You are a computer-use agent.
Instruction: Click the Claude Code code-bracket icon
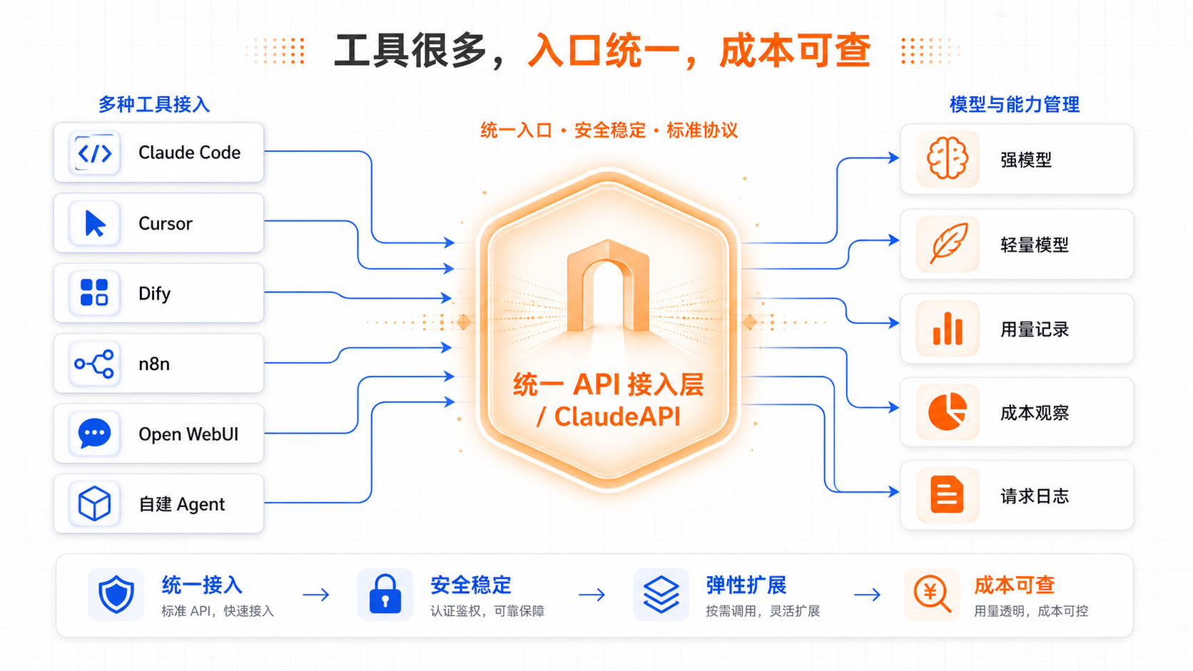pos(94,153)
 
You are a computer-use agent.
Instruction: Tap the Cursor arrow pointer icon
pos(95,223)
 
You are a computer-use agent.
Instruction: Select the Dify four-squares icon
pos(94,292)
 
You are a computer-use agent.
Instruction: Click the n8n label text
pos(154,364)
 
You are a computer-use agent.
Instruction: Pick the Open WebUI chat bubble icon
pos(94,434)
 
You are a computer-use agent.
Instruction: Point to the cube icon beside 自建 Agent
pos(94,503)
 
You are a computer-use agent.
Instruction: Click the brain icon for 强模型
pos(947,158)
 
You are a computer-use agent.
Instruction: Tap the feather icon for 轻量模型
pos(948,243)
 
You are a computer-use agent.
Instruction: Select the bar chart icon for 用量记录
pos(948,328)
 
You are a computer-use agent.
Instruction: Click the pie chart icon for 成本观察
pos(947,411)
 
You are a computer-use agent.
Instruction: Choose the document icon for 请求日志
pos(947,495)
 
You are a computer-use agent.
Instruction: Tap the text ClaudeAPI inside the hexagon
pos(617,416)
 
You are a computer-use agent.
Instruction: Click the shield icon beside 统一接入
pos(116,594)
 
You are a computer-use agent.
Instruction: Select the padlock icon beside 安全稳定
pos(385,594)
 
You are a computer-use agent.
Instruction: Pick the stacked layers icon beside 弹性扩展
pos(661,595)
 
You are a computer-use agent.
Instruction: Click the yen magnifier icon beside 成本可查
pos(932,594)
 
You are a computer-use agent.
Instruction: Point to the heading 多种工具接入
pos(154,104)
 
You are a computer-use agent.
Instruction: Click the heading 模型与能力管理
pos(1015,104)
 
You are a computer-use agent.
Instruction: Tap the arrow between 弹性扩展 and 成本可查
pos(867,595)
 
